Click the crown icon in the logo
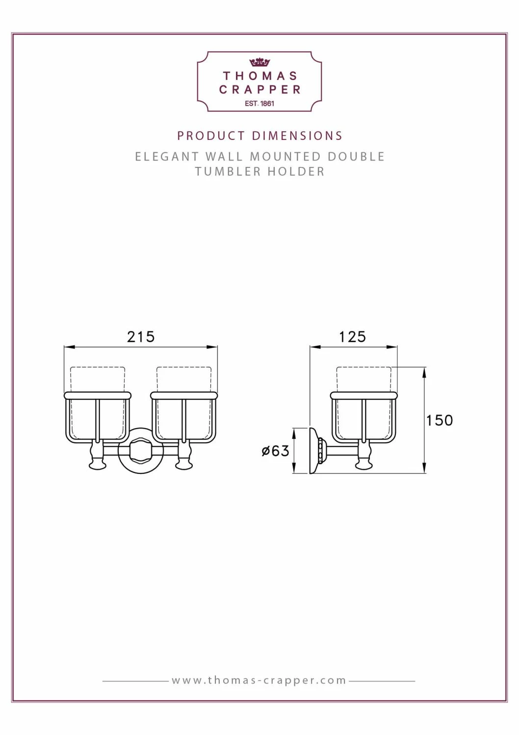click(x=259, y=62)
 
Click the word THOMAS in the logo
click(x=260, y=76)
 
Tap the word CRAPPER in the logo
click(x=260, y=90)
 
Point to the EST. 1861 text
click(x=259, y=104)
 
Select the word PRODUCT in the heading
click(x=211, y=136)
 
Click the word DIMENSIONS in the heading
click(x=297, y=136)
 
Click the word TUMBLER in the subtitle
click(x=228, y=172)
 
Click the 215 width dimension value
click(x=141, y=337)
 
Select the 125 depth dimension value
click(x=352, y=337)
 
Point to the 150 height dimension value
click(x=439, y=420)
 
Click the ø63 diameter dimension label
click(x=275, y=451)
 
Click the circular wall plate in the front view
click(x=141, y=451)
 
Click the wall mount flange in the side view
click(x=314, y=451)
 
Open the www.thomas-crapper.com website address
click(x=259, y=681)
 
